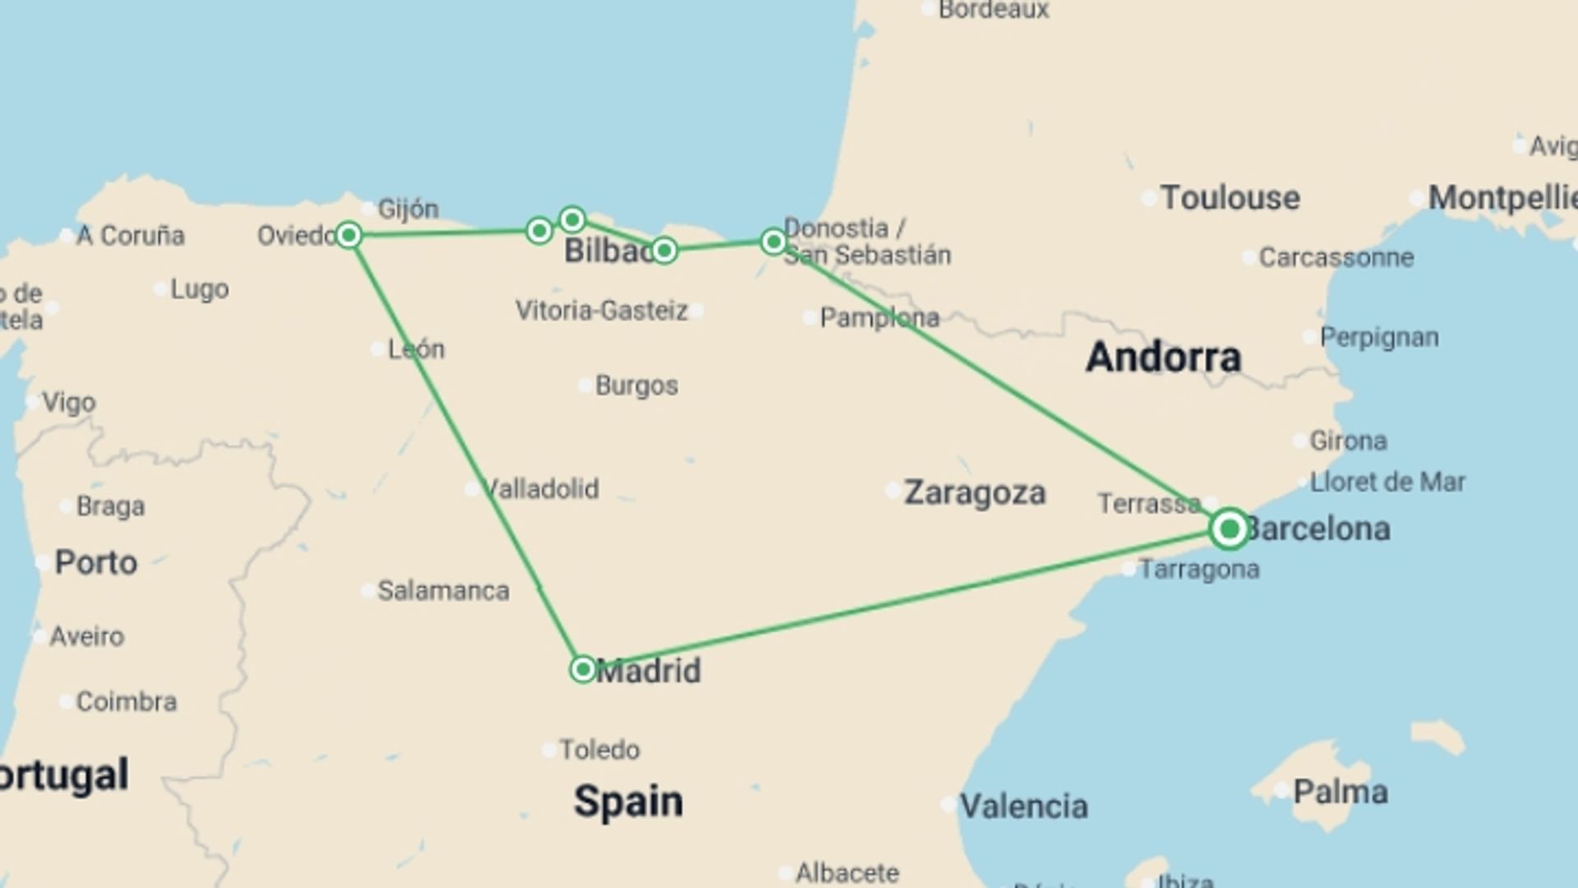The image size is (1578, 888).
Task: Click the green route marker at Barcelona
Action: click(1230, 529)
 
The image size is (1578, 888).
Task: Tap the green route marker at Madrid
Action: click(583, 669)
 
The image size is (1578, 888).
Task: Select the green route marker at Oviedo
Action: click(348, 235)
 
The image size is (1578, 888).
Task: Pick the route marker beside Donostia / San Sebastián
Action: click(773, 241)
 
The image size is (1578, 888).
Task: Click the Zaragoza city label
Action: click(975, 493)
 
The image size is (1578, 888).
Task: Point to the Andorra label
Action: click(1163, 357)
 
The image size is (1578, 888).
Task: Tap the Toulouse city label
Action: click(1230, 198)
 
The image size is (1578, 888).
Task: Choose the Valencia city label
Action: click(1023, 806)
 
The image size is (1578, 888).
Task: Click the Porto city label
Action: click(95, 563)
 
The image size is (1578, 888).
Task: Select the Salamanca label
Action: click(443, 590)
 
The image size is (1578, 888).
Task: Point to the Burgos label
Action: click(636, 386)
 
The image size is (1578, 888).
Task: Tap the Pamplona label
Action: click(879, 317)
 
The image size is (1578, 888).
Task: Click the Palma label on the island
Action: click(1340, 792)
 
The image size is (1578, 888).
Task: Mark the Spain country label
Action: click(628, 801)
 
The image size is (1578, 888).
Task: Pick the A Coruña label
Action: click(130, 236)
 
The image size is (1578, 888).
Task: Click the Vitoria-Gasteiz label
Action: click(601, 311)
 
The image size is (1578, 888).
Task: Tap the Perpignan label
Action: click(1378, 337)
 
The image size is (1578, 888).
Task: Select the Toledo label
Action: click(599, 750)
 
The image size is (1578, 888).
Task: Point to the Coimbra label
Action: click(126, 701)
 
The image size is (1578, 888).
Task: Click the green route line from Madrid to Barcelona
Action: click(904, 600)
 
